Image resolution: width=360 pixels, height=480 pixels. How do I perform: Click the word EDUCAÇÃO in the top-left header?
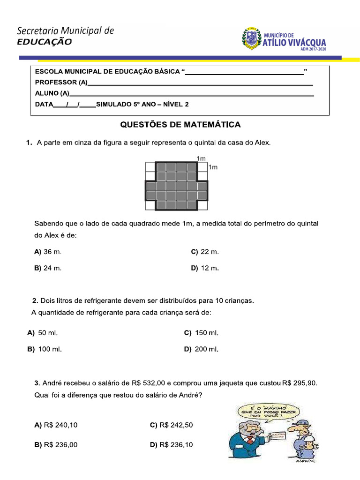(45, 42)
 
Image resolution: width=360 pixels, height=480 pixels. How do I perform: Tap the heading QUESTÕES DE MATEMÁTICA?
(180, 125)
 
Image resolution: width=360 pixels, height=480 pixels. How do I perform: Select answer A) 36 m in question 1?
(48, 252)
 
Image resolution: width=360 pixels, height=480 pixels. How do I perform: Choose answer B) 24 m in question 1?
(48, 268)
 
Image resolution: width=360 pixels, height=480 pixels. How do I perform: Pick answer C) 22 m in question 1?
(205, 252)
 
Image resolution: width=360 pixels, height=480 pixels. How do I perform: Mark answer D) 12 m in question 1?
(205, 268)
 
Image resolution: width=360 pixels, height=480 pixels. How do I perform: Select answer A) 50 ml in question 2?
(43, 333)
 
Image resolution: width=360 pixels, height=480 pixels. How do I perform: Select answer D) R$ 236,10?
(171, 445)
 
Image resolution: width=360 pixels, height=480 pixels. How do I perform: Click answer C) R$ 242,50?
(171, 425)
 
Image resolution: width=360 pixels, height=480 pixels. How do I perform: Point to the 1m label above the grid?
(202, 159)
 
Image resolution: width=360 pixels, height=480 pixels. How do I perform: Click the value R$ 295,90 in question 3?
(300, 383)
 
